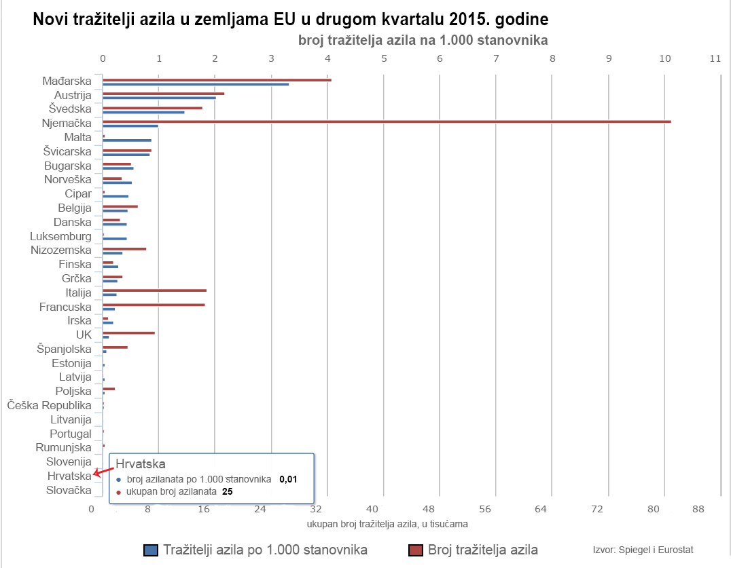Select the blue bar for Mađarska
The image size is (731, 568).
pos(196,84)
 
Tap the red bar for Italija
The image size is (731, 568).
pos(154,290)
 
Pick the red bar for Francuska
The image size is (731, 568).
pos(154,305)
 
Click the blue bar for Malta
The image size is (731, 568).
pos(127,140)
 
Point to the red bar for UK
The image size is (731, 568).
pos(128,333)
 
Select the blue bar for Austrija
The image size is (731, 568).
pos(159,98)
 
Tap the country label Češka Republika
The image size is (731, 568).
pos(49,405)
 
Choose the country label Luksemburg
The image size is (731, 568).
pos(60,236)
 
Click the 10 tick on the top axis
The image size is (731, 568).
pos(665,59)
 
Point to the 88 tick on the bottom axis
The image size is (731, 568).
pos(698,509)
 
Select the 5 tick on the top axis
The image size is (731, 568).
pos(385,59)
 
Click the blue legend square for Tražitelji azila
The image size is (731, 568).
pos(151,550)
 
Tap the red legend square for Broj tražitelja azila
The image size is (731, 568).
pos(416,550)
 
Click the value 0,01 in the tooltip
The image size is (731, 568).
pos(288,479)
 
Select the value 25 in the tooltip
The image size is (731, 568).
pos(228,491)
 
